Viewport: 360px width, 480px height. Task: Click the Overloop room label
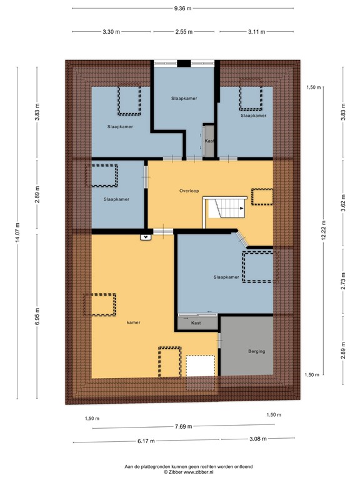(188, 191)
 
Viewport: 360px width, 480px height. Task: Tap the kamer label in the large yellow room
(132, 322)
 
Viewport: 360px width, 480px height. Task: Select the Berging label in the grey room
(256, 351)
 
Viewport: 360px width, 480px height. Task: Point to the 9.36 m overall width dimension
(182, 8)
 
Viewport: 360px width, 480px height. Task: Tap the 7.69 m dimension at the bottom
(183, 427)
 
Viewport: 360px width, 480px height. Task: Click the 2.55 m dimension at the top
(184, 32)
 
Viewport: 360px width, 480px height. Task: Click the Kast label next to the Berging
(196, 323)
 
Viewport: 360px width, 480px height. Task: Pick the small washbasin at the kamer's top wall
(146, 236)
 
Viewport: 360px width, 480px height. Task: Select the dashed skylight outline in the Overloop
(261, 196)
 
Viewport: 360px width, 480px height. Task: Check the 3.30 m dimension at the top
(111, 32)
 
